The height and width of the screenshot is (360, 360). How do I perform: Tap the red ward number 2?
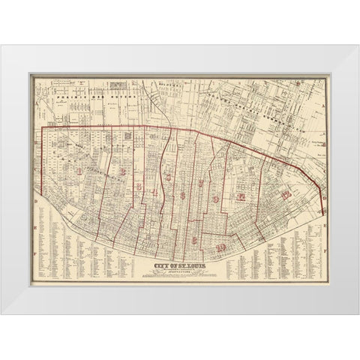tap(121, 171)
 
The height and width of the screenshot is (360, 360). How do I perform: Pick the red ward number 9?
tap(216, 199)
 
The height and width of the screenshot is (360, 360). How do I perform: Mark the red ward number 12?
tap(285, 194)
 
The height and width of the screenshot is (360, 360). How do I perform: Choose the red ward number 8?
tap(195, 240)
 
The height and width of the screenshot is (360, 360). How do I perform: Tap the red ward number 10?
tap(220, 247)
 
